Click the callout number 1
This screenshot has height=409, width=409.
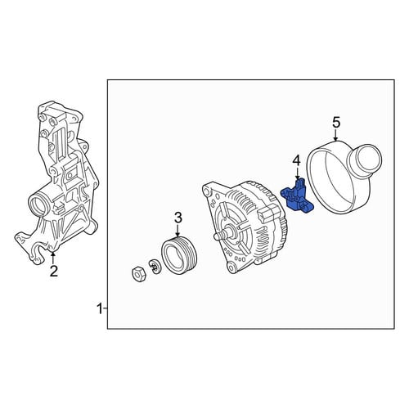[100, 309]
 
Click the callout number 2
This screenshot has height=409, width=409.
[54, 271]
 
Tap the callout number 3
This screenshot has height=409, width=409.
[178, 218]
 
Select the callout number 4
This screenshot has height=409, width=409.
[296, 161]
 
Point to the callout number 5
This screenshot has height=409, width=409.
[336, 123]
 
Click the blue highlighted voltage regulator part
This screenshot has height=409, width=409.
[297, 196]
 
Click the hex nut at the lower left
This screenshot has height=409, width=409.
[138, 274]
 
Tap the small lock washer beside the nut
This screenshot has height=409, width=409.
[155, 266]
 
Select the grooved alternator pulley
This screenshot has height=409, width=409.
[179, 254]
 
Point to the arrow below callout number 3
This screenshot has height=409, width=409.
[178, 231]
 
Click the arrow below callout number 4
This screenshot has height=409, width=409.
[297, 173]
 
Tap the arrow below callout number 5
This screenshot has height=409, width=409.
[335, 135]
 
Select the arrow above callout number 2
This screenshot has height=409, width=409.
[53, 258]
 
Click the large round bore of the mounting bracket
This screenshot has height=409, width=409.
[38, 204]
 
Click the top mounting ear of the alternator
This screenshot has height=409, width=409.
[209, 190]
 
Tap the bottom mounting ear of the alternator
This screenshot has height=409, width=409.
[231, 267]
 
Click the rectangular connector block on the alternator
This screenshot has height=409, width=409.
[269, 213]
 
